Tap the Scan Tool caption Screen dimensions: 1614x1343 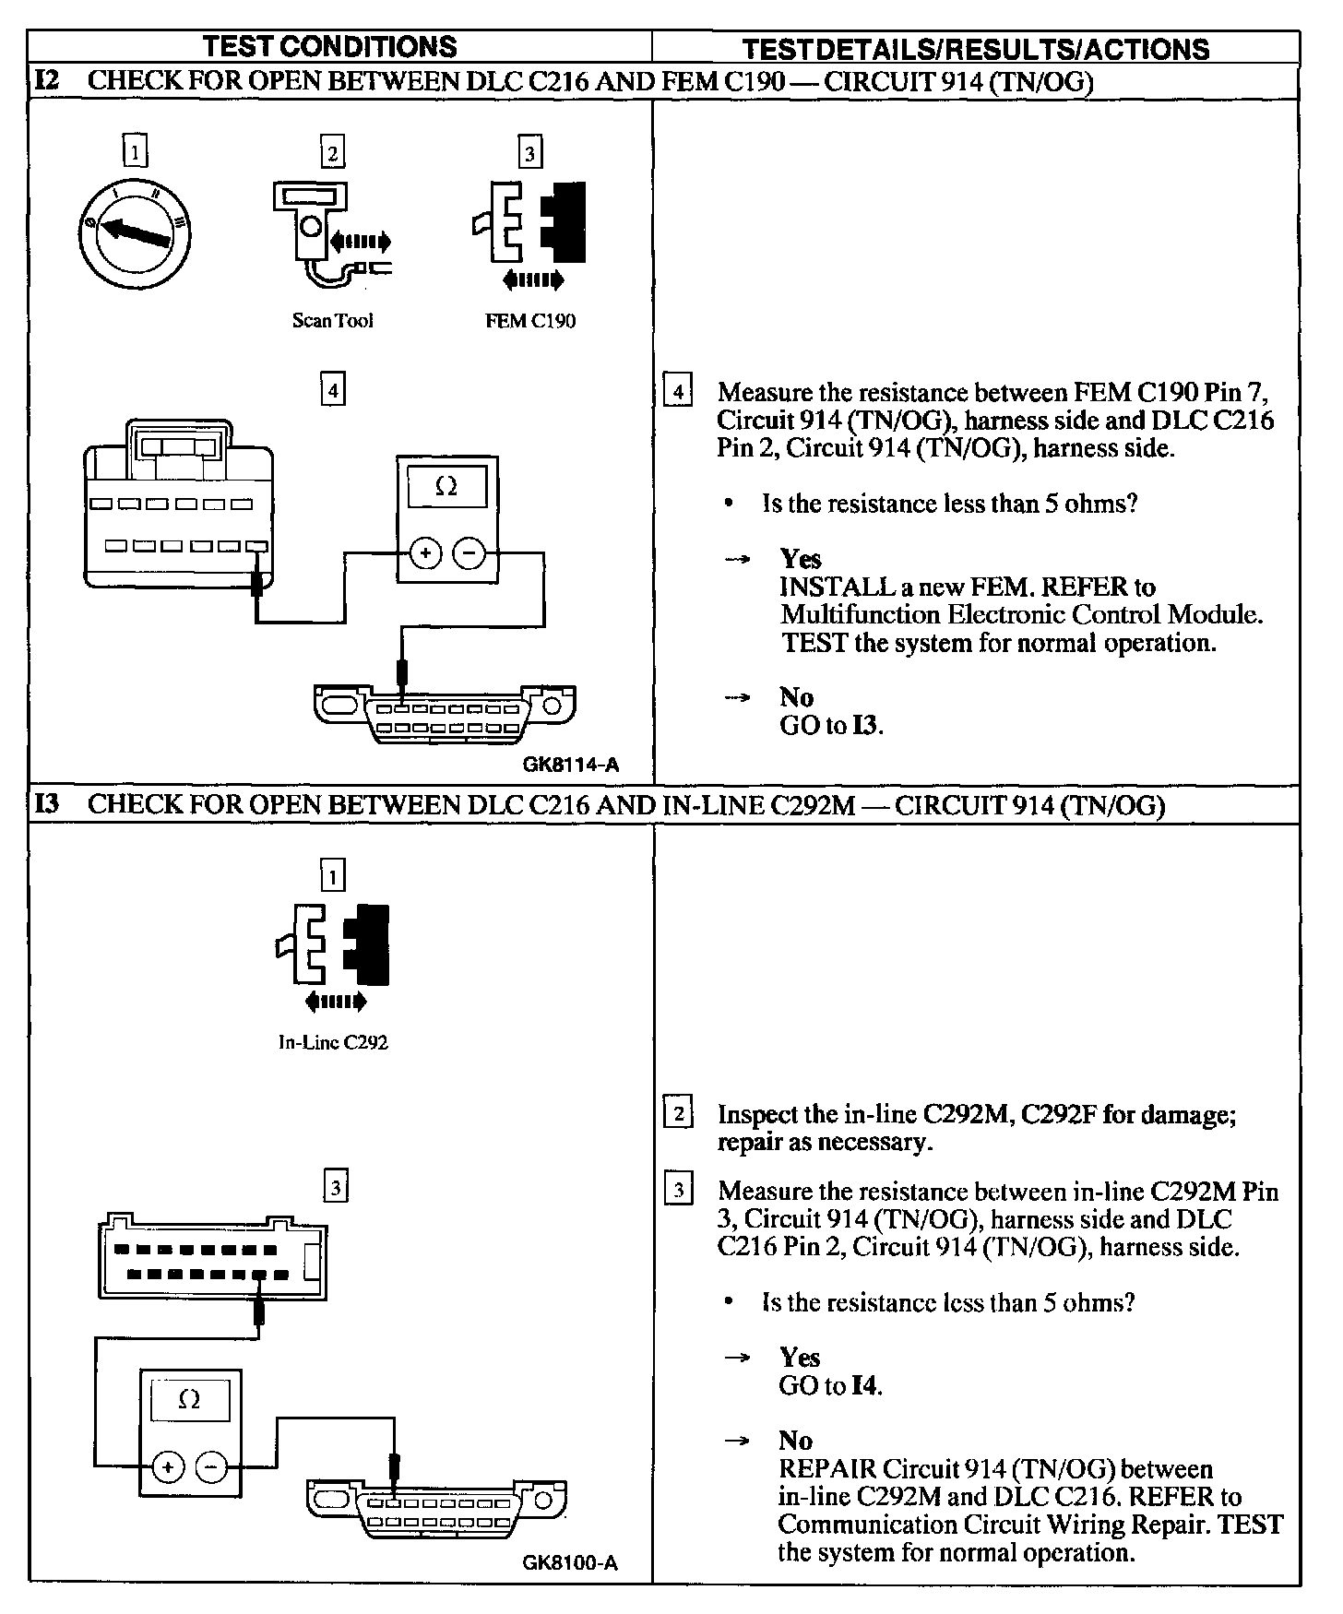332,321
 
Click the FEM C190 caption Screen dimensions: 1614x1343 529,321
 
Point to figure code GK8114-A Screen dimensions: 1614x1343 570,765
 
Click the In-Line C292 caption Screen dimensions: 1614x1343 333,1043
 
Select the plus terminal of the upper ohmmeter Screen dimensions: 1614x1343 425,553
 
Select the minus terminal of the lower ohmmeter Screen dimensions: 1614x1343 213,1466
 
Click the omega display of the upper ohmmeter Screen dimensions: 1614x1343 446,486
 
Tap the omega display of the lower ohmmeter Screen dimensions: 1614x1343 189,1400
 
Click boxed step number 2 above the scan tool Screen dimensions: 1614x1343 332,151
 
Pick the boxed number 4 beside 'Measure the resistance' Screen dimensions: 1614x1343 678,392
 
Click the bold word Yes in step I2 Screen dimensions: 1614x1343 800,559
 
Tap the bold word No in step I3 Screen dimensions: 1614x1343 795,1441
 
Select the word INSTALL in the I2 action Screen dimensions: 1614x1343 837,587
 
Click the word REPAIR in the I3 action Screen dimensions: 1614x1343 826,1468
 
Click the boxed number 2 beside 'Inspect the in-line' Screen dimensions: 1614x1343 678,1114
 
